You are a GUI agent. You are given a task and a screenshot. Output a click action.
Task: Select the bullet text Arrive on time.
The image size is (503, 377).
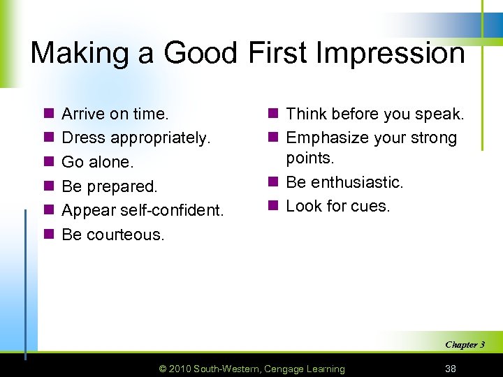115,114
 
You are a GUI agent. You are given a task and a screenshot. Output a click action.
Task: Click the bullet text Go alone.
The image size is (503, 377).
96,162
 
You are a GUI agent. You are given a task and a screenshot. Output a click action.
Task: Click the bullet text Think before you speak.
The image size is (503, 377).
375,114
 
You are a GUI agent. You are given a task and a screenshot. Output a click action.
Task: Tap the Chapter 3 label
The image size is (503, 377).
465,344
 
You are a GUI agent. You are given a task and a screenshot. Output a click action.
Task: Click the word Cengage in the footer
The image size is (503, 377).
284,369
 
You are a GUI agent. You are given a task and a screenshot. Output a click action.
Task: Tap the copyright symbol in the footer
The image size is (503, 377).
163,369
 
